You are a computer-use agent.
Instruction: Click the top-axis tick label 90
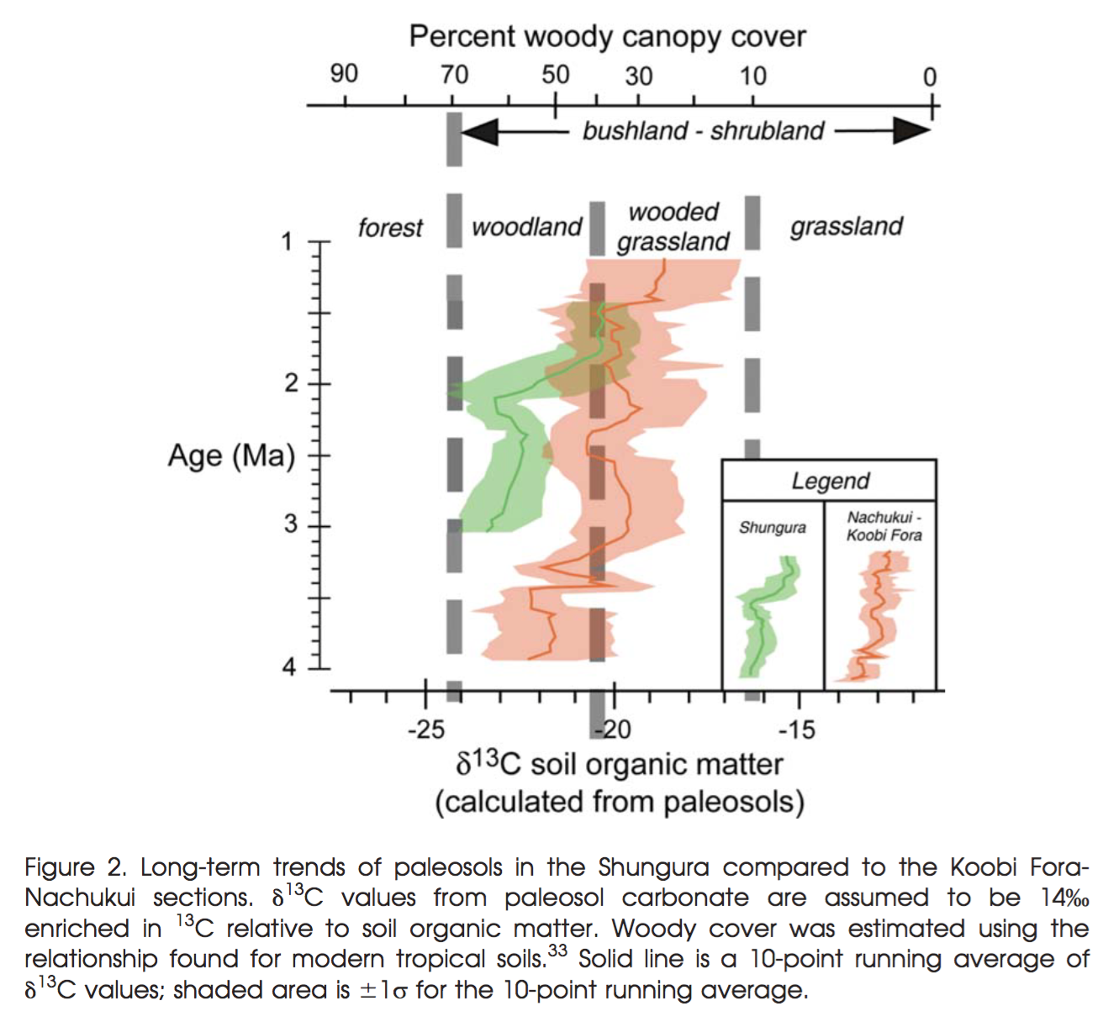point(344,74)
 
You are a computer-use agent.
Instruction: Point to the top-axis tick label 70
point(455,75)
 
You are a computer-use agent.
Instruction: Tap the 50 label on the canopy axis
point(556,75)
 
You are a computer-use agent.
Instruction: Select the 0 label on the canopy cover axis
point(929,77)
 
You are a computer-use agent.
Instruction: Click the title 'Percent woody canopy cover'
point(607,37)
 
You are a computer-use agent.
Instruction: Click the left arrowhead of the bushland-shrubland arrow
point(480,131)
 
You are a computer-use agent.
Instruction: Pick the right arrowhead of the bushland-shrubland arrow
point(912,130)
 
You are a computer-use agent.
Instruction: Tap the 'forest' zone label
point(390,228)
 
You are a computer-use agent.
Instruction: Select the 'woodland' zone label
point(526,227)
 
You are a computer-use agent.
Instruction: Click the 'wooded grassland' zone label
point(673,226)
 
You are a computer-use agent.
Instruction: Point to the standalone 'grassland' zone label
point(846,226)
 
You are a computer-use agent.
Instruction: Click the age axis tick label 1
point(288,242)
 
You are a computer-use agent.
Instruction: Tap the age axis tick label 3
point(289,525)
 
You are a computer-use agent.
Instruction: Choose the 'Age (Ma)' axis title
point(231,456)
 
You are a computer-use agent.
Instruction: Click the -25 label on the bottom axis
point(425,729)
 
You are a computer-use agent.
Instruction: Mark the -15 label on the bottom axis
point(796,729)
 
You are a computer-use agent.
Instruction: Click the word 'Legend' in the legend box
point(830,481)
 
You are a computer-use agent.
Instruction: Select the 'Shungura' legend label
point(772,528)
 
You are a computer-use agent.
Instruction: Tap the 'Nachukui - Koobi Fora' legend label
point(884,526)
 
